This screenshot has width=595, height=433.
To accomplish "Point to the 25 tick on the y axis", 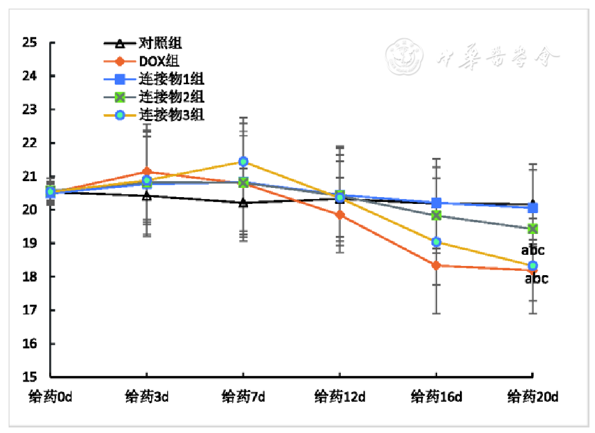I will [29, 43].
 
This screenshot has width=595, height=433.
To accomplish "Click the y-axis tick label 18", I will [29, 277].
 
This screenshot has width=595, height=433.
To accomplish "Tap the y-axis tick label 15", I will [29, 377].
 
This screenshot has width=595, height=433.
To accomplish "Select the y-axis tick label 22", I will [29, 143].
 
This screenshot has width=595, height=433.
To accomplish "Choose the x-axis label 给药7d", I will [243, 397].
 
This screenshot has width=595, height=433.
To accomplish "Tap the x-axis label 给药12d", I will [340, 397].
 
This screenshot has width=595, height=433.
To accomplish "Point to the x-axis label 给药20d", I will [532, 397].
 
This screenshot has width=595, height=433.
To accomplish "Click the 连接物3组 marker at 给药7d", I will [243, 162].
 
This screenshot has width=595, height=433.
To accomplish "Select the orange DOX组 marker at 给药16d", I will [436, 265].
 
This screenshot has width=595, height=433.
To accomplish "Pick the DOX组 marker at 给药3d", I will [147, 172].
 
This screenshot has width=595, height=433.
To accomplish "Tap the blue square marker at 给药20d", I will [532, 208].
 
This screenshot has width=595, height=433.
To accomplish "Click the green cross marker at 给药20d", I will [532, 228].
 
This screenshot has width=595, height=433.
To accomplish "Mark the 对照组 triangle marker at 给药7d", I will [243, 203].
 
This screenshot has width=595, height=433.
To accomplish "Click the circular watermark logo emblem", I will [405, 58].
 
